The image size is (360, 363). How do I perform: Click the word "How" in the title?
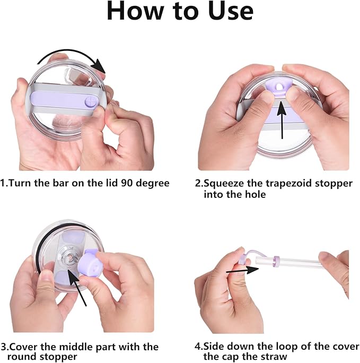click(136, 11)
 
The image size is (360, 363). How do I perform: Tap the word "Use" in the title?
click(231, 11)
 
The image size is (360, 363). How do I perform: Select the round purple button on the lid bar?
click(91, 102)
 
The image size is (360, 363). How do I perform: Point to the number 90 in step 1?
click(127, 183)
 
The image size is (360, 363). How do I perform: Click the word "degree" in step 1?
click(153, 184)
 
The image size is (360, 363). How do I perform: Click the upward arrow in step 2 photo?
click(282, 120)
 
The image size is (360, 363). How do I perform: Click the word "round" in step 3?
click(22, 357)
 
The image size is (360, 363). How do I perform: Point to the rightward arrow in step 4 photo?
click(242, 270)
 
